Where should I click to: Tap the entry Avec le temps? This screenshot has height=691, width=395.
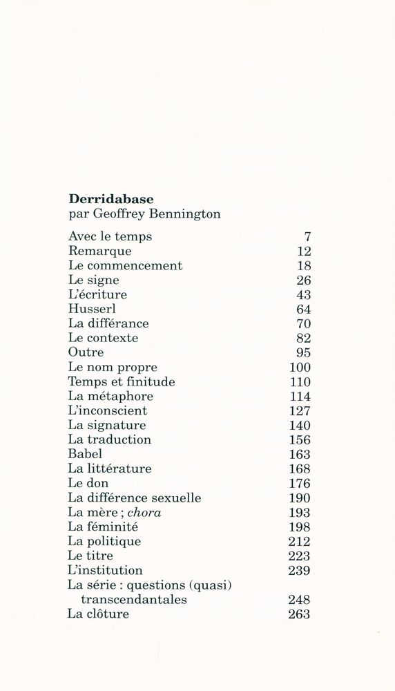(x=110, y=236)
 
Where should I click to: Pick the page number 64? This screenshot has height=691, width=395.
(x=303, y=309)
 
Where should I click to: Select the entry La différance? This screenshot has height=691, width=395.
(x=108, y=323)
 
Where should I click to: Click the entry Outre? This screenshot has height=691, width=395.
(x=86, y=352)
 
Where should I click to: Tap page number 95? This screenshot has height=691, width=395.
(x=303, y=352)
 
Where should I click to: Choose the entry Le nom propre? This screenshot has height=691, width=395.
(x=113, y=367)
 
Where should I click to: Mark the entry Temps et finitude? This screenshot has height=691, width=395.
(x=122, y=381)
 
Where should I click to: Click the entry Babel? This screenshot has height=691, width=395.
(x=85, y=454)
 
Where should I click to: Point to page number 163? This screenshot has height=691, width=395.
(x=300, y=454)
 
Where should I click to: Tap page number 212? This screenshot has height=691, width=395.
(x=300, y=541)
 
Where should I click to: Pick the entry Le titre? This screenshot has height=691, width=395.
(x=90, y=556)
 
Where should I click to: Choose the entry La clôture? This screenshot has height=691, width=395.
(x=98, y=614)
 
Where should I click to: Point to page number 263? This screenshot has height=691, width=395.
(x=300, y=614)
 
